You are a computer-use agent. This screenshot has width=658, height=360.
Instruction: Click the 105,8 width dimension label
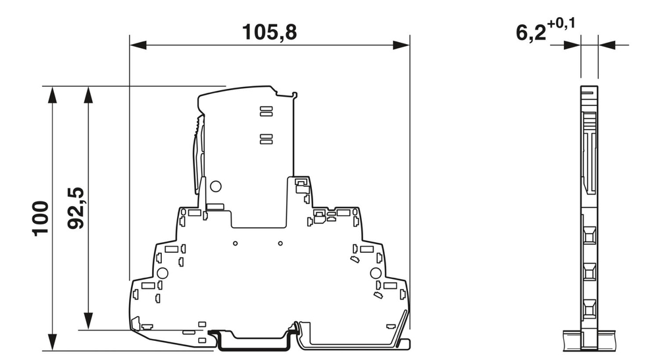point(270,32)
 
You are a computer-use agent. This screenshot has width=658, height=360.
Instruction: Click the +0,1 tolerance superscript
point(562,24)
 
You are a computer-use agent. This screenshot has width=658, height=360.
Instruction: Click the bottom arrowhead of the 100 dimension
point(51,343)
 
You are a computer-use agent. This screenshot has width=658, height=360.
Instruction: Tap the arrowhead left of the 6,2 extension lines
point(572,45)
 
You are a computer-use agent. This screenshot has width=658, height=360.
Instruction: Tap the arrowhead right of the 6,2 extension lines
point(606,45)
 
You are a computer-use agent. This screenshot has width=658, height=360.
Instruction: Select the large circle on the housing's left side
point(163,273)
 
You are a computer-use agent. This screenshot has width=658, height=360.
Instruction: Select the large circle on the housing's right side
point(376,273)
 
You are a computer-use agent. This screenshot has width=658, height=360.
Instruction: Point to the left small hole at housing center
point(236,244)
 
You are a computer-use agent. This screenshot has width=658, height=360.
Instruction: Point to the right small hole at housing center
point(280,244)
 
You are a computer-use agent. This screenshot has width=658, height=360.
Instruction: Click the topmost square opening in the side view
point(589,234)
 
